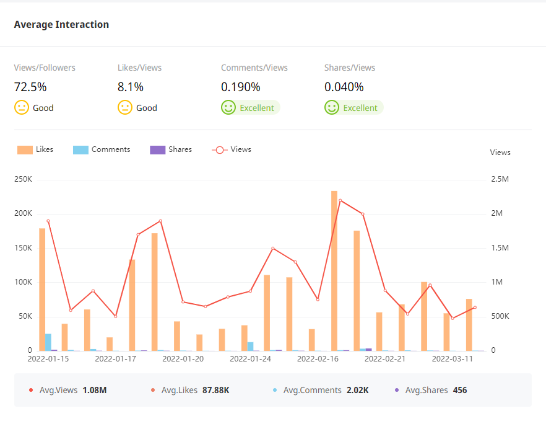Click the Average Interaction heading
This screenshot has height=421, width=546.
[61, 25]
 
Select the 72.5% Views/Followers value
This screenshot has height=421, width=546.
[30, 87]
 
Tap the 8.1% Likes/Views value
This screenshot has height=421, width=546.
[131, 87]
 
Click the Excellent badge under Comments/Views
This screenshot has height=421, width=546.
[256, 108]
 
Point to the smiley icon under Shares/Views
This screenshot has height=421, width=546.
[332, 108]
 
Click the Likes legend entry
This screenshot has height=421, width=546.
[36, 149]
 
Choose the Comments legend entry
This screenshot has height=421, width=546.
[102, 149]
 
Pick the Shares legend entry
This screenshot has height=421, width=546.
[171, 149]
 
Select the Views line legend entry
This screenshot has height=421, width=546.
[232, 149]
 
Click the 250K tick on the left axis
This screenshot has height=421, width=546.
[24, 179]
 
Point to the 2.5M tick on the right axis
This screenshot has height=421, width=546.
[500, 179]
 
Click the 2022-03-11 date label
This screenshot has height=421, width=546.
[453, 358]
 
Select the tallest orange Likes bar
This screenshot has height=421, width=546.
[334, 270]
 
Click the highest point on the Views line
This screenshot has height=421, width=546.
[340, 200]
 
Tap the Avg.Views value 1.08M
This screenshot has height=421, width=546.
[95, 391]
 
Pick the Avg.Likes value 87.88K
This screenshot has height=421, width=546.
[216, 391]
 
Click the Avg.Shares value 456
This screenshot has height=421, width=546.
[460, 391]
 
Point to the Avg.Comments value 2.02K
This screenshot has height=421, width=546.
[357, 391]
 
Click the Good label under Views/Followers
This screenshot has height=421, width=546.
[43, 108]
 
